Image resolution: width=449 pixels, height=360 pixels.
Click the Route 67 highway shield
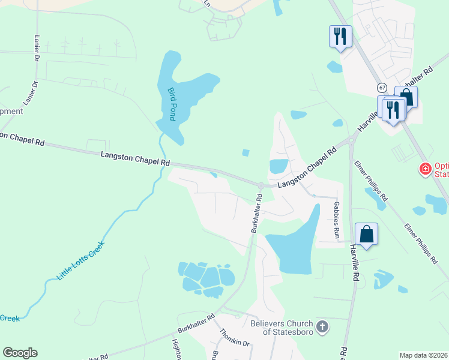[x=382, y=88]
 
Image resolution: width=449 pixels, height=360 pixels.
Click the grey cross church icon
[x=322, y=326]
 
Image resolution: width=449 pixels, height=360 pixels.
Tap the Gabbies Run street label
[x=337, y=221]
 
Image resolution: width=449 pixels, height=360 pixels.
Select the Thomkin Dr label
[x=234, y=341]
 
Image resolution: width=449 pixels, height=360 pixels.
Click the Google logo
[x=20, y=353]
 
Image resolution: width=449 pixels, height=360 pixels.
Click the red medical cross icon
[x=426, y=170]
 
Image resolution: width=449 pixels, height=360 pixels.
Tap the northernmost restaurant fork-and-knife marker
[x=340, y=37]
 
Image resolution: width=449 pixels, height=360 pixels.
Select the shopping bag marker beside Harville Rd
[x=366, y=234]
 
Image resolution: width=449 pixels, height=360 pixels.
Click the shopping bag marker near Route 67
[x=406, y=96]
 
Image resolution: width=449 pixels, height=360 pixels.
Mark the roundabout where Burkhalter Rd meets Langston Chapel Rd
[x=261, y=186]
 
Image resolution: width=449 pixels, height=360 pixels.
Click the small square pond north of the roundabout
[x=246, y=152]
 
